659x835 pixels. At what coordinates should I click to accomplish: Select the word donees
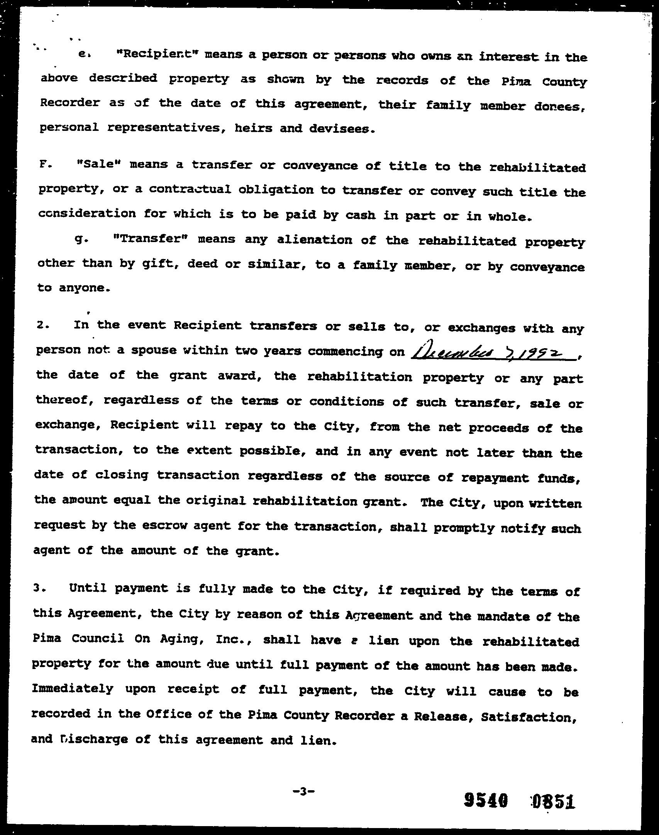[x=559, y=107]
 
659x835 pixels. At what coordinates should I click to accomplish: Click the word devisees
[x=342, y=129]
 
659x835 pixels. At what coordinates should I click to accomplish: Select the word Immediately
[x=73, y=689]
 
